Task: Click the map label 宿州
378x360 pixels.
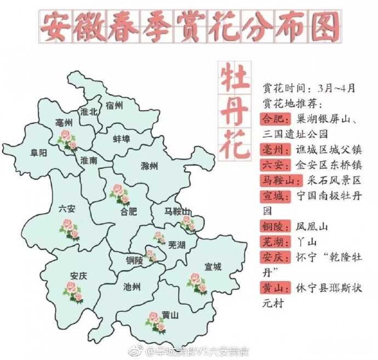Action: coord(114,105)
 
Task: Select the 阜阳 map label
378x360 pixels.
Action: coord(38,153)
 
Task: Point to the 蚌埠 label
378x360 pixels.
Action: coord(122,139)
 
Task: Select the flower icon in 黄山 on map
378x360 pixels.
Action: coord(156,322)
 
